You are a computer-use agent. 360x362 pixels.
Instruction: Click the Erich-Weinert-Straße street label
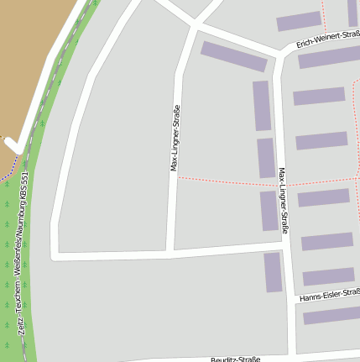coord(327,42)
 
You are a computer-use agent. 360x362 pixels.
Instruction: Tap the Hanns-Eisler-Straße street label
coord(329,295)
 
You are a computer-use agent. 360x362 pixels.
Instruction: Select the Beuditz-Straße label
coord(236,359)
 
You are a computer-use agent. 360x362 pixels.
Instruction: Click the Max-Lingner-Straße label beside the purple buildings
coord(284,200)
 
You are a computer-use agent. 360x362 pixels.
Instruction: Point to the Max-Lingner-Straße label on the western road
coord(175,138)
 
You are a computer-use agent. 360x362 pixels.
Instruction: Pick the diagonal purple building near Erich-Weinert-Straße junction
coord(233,56)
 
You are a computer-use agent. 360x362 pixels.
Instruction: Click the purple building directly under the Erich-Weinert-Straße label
coord(329,58)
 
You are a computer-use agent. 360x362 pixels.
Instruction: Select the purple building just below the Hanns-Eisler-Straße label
coord(331,316)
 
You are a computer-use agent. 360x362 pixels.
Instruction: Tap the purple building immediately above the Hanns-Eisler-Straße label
coord(328,276)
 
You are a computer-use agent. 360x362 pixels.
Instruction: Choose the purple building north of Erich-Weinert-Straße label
coord(299,21)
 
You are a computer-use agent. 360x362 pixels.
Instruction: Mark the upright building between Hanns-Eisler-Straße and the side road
coord(273,271)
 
